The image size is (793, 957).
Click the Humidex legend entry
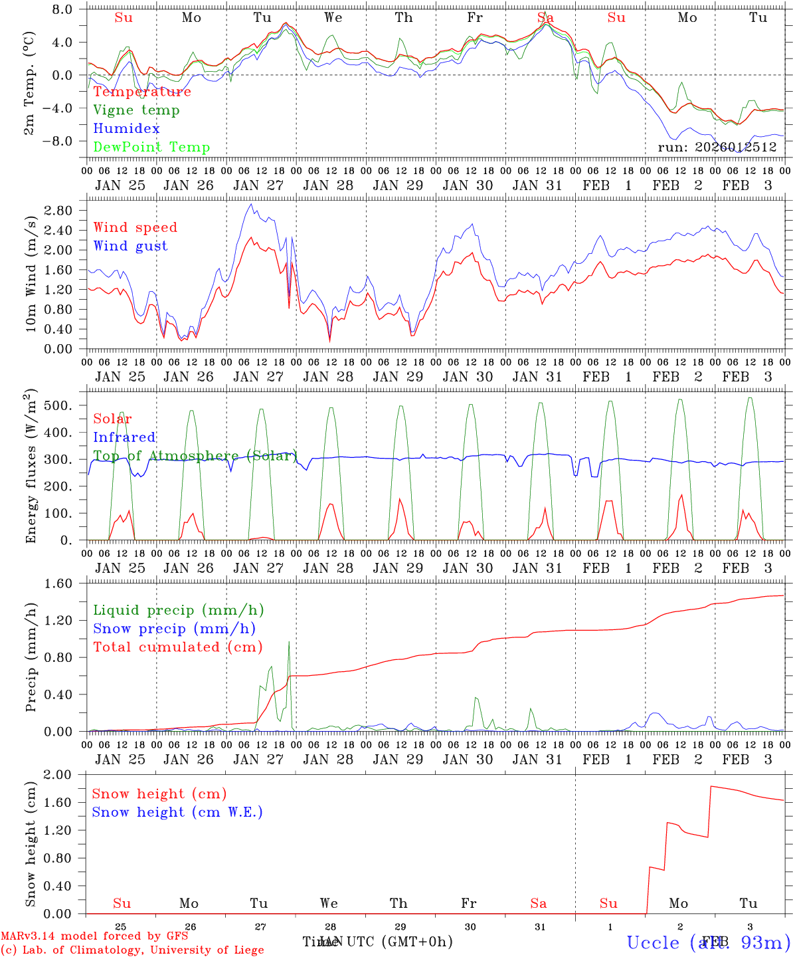(126, 129)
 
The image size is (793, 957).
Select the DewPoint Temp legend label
(151, 148)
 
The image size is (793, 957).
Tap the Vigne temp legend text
(136, 110)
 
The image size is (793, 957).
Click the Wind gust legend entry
(130, 246)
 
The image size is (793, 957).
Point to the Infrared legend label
(124, 437)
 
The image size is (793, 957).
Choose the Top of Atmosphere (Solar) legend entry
(195, 456)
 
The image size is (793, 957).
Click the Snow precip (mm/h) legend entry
(174, 629)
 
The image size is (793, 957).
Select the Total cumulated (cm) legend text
(177, 647)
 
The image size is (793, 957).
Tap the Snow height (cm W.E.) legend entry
(177, 812)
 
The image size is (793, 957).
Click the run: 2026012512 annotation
(717, 147)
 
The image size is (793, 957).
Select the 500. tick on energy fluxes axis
(58, 405)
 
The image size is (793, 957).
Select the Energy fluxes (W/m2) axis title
(31, 469)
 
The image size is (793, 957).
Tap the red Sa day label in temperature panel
(545, 18)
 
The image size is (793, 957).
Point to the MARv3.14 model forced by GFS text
(94, 936)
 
